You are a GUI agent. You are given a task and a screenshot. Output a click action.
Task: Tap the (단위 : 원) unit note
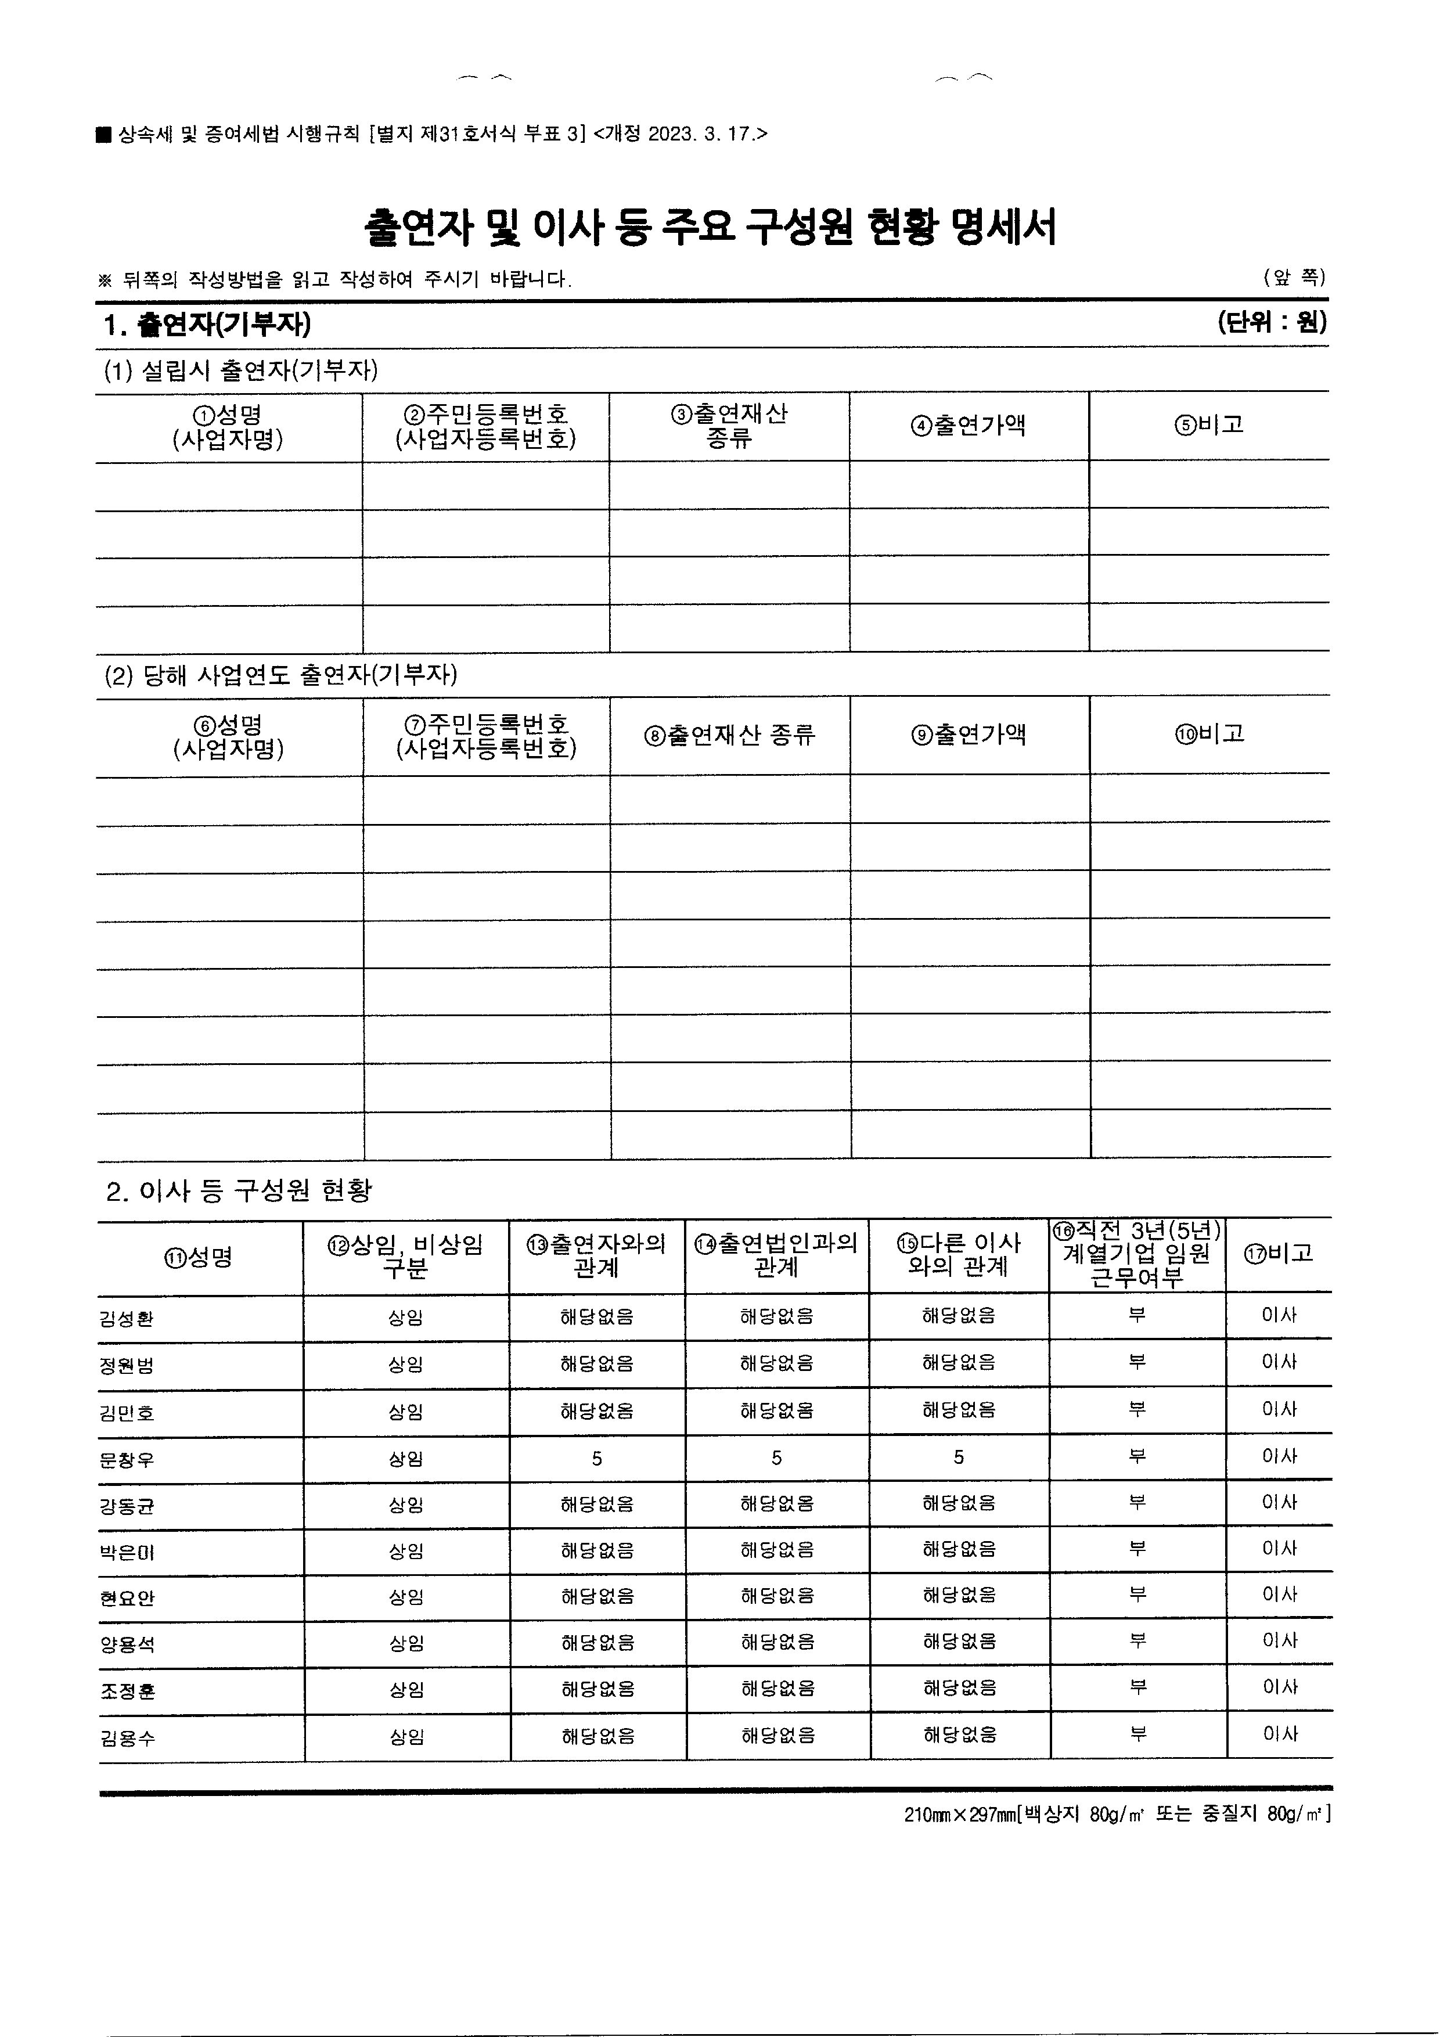coord(1272,323)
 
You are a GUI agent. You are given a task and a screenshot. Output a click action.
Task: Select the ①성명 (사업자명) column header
coord(228,427)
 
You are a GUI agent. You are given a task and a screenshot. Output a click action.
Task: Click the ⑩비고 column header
coord(1210,735)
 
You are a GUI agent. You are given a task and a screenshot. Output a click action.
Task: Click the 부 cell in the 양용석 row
coord(1137,1642)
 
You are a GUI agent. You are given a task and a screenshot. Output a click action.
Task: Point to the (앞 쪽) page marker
coord(1294,278)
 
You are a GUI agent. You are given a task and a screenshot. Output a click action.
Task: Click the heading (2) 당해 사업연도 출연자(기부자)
coord(280,675)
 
